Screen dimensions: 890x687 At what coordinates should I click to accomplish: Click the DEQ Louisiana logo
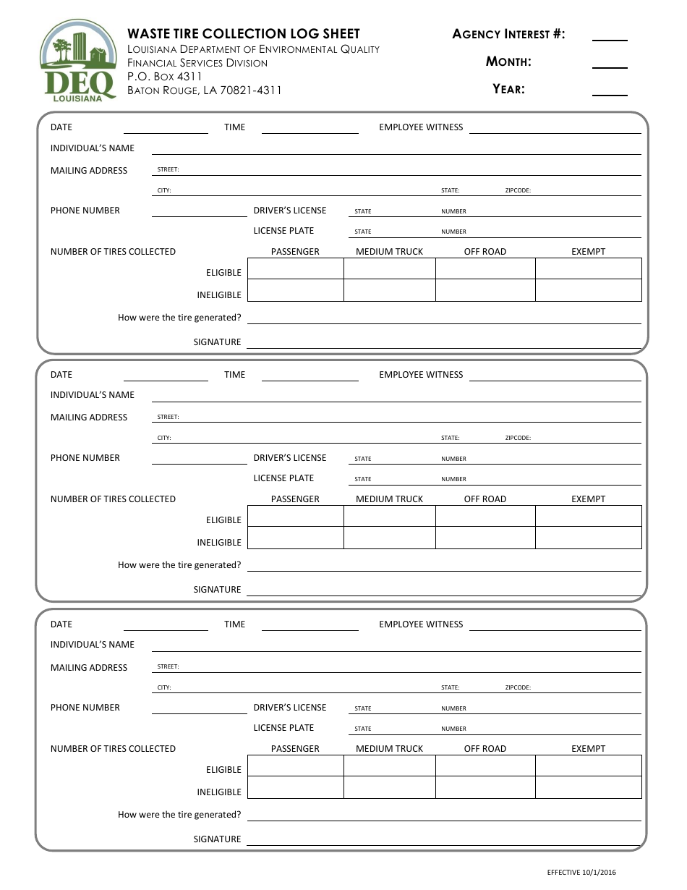pyautogui.click(x=77, y=62)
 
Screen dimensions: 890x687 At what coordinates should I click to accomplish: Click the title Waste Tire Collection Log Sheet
pyautogui.click(x=244, y=34)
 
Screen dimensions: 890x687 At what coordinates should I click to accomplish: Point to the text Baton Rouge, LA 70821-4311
pyautogui.click(x=205, y=90)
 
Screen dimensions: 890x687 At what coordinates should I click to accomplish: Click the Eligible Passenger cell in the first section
pyautogui.click(x=295, y=269)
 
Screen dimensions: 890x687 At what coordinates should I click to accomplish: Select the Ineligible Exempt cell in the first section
pyautogui.click(x=588, y=291)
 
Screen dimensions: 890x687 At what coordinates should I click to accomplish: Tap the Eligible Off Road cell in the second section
pyautogui.click(x=485, y=516)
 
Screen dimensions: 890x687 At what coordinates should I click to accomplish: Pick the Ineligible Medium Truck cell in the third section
pyautogui.click(x=389, y=787)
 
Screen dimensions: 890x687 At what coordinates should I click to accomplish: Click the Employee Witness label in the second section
pyautogui.click(x=421, y=375)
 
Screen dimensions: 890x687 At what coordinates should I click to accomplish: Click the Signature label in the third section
pyautogui.click(x=217, y=839)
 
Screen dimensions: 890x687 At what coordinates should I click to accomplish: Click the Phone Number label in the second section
pyautogui.click(x=85, y=458)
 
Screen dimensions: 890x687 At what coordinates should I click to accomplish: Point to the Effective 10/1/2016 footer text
pyautogui.click(x=581, y=873)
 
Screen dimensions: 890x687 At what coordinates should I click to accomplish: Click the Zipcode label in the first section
pyautogui.click(x=518, y=191)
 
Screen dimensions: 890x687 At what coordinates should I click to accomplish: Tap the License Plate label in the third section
pyautogui.click(x=283, y=728)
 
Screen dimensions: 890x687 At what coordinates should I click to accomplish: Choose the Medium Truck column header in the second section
pyautogui.click(x=389, y=499)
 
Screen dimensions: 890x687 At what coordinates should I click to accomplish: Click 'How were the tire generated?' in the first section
pyautogui.click(x=179, y=318)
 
